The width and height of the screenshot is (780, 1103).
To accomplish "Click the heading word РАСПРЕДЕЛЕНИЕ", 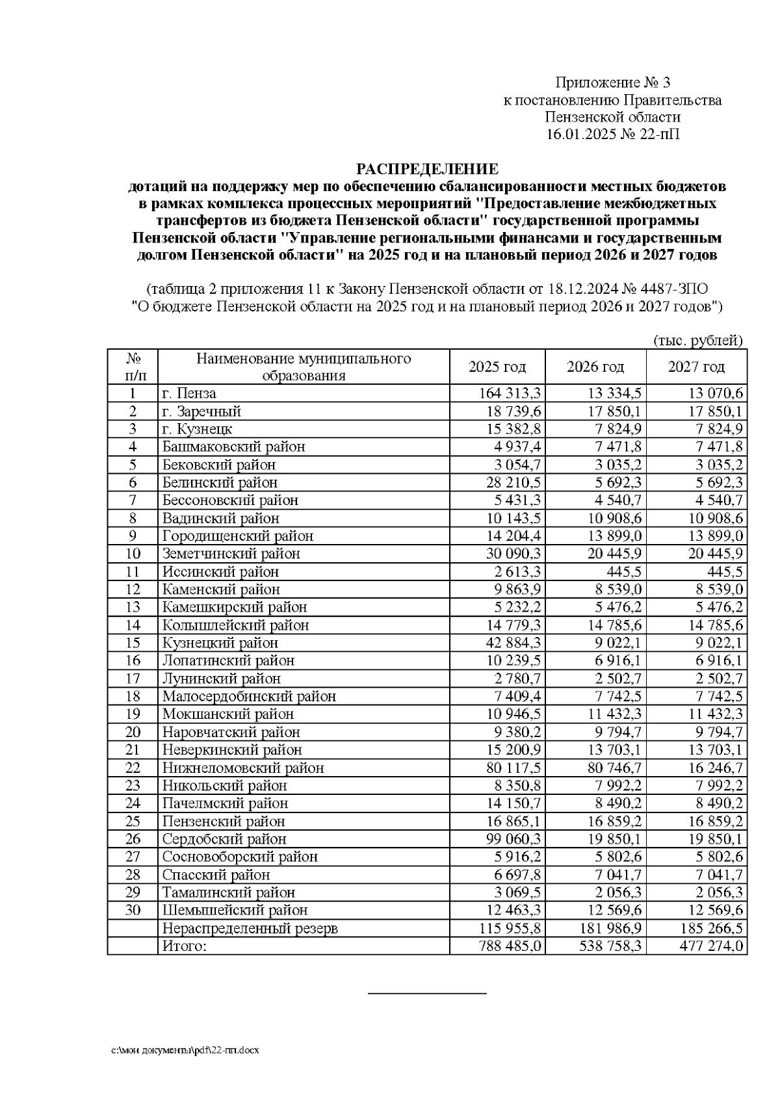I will [427, 170].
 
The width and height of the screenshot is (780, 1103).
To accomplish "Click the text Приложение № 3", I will [612, 83].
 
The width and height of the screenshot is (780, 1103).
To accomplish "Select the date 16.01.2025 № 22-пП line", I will [612, 135].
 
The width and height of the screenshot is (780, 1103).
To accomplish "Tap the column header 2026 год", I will [595, 367].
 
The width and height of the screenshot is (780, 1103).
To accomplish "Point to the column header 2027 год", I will [696, 367].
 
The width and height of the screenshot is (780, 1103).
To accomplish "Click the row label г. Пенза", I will [189, 394].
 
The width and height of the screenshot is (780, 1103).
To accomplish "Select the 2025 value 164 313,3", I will [510, 394].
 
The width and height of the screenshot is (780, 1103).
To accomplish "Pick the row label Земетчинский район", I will [231, 554].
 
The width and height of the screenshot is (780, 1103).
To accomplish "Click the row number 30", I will [133, 910].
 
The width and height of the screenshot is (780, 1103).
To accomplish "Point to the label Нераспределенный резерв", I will [250, 928].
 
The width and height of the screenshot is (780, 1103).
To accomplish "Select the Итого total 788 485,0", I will [510, 946].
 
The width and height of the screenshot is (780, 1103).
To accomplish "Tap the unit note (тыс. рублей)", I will [697, 340].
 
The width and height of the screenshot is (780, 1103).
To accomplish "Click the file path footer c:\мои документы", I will [185, 1050].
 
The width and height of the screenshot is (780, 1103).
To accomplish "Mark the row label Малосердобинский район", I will [249, 696].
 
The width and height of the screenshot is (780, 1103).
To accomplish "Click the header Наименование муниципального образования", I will [304, 367].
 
